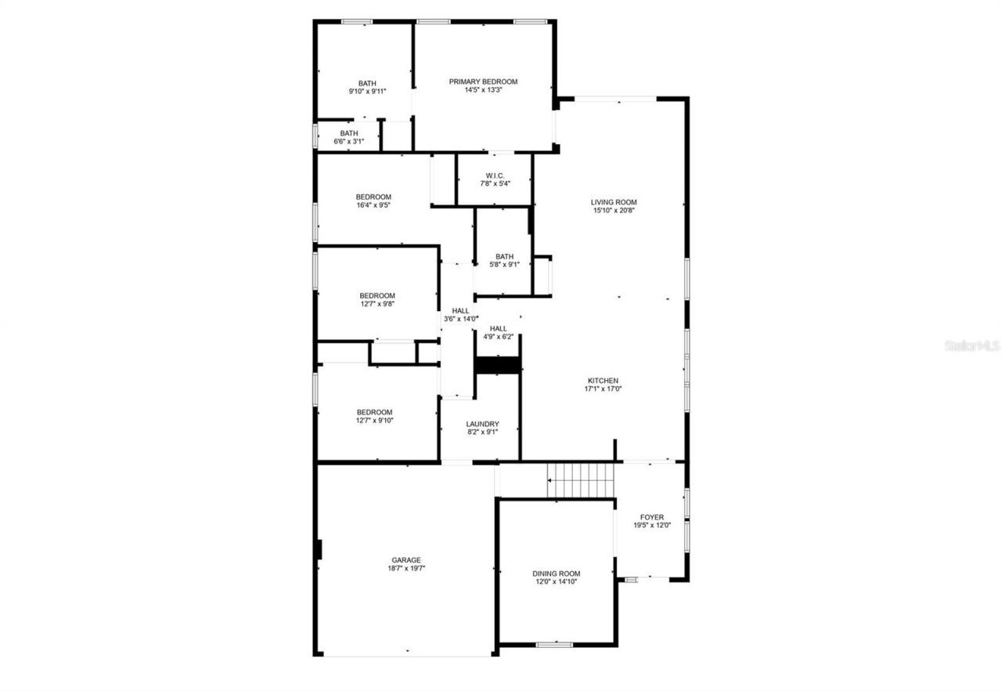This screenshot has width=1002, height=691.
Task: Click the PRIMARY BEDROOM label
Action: (483, 81)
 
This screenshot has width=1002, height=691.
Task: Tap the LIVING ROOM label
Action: (614, 202)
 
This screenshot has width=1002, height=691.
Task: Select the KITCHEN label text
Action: (603, 381)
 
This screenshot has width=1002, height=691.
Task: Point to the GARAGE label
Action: (406, 560)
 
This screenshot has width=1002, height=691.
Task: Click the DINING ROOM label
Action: (556, 573)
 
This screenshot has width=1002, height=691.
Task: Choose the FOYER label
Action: (652, 517)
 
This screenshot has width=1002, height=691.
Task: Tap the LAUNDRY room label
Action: (482, 424)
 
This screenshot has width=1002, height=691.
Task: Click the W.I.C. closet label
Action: (494, 175)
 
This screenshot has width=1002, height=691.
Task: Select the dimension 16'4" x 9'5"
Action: (373, 205)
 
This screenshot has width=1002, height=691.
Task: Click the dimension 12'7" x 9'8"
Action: (377, 304)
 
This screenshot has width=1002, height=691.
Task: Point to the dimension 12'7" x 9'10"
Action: (375, 421)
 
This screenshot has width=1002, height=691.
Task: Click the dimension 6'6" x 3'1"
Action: (349, 142)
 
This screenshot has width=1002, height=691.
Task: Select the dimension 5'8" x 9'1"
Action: (504, 265)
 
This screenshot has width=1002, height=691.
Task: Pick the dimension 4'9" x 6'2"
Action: (499, 337)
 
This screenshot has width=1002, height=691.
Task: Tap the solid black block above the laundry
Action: (499, 365)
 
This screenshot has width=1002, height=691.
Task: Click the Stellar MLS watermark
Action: (971, 345)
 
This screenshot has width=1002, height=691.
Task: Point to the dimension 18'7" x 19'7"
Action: (406, 569)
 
